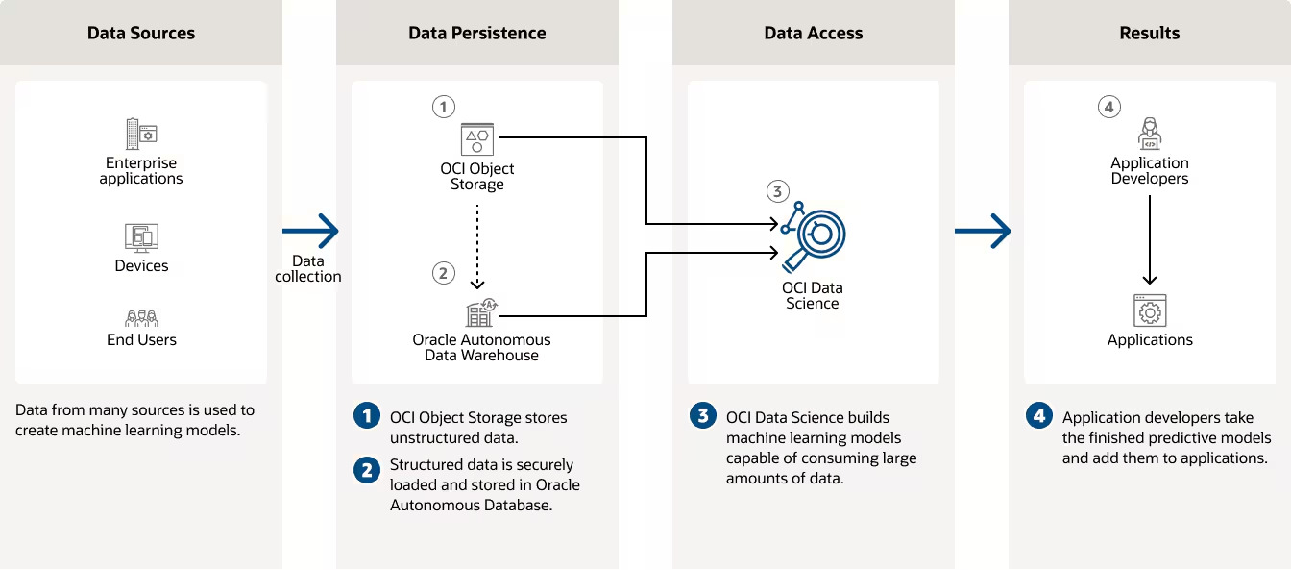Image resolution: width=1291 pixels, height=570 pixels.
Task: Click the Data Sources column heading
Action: (x=141, y=33)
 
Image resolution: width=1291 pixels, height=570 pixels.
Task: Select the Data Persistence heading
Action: (x=476, y=33)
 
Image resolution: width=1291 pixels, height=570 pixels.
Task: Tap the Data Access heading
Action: (x=813, y=33)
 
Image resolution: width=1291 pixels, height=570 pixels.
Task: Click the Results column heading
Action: (x=1149, y=33)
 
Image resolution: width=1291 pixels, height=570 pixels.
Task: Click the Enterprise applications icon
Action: (x=141, y=133)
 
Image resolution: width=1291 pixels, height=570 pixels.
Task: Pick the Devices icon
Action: (x=141, y=236)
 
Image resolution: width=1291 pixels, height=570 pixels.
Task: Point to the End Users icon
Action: (x=141, y=318)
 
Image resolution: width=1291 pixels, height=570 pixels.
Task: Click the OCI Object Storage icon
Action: (x=476, y=138)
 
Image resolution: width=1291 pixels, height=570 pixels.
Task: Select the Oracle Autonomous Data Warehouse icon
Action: (x=479, y=312)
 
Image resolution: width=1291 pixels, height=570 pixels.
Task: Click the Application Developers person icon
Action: (x=1149, y=133)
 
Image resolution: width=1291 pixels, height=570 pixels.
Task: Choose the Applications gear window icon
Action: (x=1149, y=310)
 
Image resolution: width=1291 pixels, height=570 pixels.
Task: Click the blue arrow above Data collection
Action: (x=310, y=231)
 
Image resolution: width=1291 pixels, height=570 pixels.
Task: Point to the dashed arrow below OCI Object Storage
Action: (x=477, y=244)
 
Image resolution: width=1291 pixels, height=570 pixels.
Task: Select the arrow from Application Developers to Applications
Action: (x=1149, y=240)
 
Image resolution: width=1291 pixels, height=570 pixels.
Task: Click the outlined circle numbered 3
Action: (x=778, y=190)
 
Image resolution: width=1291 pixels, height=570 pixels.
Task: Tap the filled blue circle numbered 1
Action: (x=366, y=416)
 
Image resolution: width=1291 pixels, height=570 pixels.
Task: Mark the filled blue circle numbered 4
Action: (x=1038, y=416)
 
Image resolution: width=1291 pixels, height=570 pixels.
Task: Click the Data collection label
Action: (x=308, y=269)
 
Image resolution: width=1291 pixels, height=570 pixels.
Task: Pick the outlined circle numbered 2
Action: (x=443, y=273)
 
